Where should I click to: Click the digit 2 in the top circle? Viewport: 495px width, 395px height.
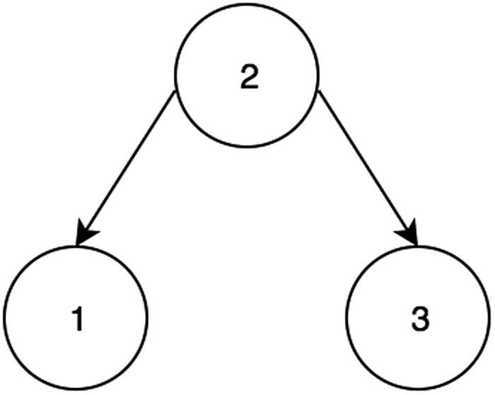pyautogui.click(x=248, y=78)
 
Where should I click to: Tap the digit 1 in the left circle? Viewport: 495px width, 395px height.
pyautogui.click(x=78, y=320)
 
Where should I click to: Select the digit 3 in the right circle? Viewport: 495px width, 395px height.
pyautogui.click(x=419, y=320)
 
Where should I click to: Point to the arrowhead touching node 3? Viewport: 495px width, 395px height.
pyautogui.click(x=412, y=237)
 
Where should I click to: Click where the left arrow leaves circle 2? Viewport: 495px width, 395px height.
pyautogui.click(x=175, y=92)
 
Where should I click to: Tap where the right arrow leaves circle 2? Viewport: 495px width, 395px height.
pyautogui.click(x=320, y=92)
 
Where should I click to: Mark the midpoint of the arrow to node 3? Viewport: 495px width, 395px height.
pyautogui.click(x=367, y=166)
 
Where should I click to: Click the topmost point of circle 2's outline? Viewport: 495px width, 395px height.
pyautogui.click(x=248, y=5)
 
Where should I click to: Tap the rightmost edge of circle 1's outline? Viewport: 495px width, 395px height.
pyautogui.click(x=148, y=318)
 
